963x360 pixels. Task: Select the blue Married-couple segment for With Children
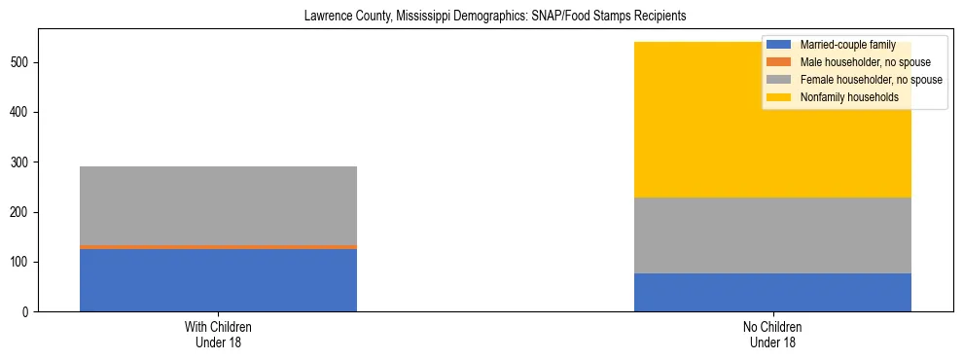(218, 280)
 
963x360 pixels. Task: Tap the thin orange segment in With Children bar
(218, 247)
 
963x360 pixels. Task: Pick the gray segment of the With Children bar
(218, 205)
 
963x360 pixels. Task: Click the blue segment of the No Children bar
(772, 292)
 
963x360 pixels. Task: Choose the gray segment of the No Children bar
(772, 235)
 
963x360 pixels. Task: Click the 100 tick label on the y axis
(20, 263)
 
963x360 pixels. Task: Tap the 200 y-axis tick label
(20, 212)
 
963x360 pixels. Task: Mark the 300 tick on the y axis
(20, 162)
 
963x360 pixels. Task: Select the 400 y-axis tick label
(20, 113)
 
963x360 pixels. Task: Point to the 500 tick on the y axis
(20, 63)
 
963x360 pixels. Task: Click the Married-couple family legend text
(840, 45)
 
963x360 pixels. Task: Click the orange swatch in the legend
(779, 62)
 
